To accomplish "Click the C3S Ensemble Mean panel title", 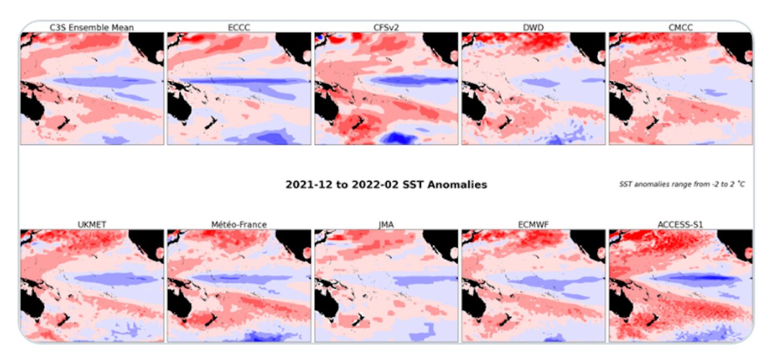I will point(92,27).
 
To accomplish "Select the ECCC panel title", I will point(239,27).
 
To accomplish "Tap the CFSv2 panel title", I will point(386,27).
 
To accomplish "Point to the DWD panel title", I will point(533,27).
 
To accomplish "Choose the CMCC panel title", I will point(680,27).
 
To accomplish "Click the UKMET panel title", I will point(92,224).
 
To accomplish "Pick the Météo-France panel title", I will point(239,224).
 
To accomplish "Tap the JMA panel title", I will point(386,224).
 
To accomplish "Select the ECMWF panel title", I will point(533,224).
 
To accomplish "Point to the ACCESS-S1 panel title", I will point(680,224).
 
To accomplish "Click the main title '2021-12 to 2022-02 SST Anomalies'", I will point(386,185).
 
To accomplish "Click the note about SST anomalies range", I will point(682,185).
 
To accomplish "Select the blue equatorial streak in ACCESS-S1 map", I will point(698,277).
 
